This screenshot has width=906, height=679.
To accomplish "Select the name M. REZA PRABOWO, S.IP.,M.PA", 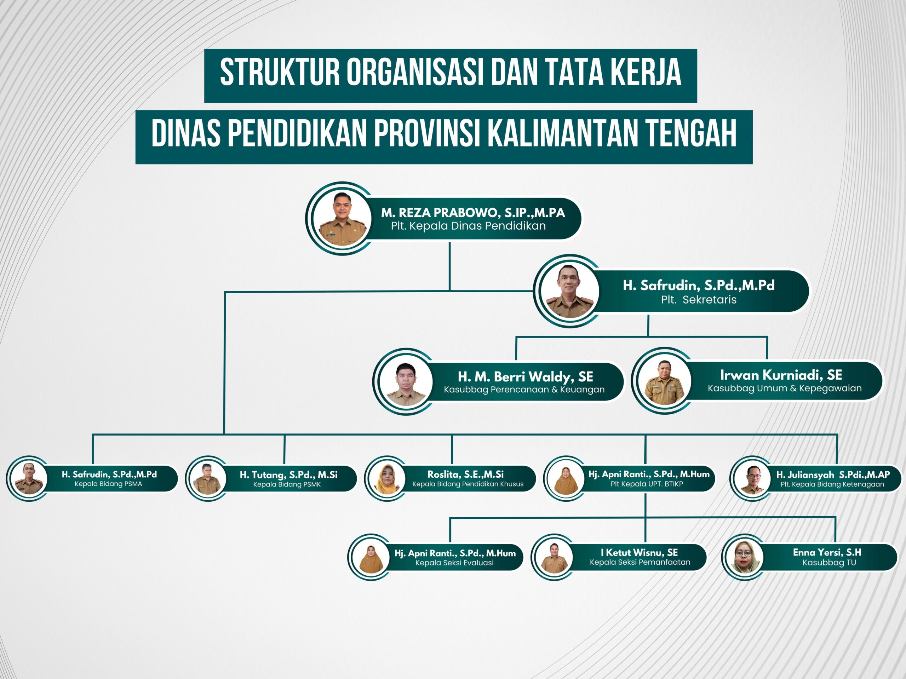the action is [473, 213].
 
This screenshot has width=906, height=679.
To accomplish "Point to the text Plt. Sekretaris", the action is [699, 300].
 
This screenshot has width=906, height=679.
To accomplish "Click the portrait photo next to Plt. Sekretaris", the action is [570, 291].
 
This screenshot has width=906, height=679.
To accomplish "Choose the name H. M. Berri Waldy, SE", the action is [526, 376].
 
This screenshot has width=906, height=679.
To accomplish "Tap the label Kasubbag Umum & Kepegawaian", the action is [785, 388].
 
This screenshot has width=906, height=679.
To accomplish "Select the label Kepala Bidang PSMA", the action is [109, 484].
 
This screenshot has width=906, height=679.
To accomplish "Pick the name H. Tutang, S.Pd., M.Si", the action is [289, 474].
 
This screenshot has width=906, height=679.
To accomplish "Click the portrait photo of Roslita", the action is [386, 478].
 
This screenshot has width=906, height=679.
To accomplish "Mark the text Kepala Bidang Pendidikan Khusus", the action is [468, 484].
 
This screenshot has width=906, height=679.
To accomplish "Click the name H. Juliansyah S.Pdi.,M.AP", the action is [833, 474].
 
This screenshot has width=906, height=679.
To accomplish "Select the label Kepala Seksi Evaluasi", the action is [454, 563].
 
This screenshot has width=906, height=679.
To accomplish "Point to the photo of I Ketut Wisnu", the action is [554, 557].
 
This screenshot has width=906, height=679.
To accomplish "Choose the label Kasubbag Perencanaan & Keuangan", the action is [524, 390].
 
